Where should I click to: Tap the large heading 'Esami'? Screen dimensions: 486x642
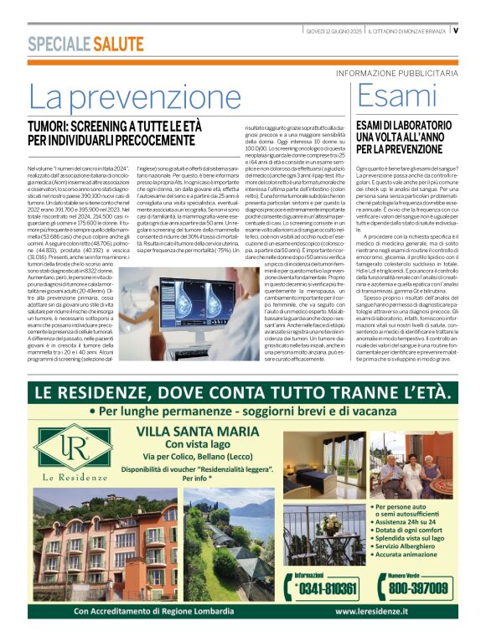pos(394,97)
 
